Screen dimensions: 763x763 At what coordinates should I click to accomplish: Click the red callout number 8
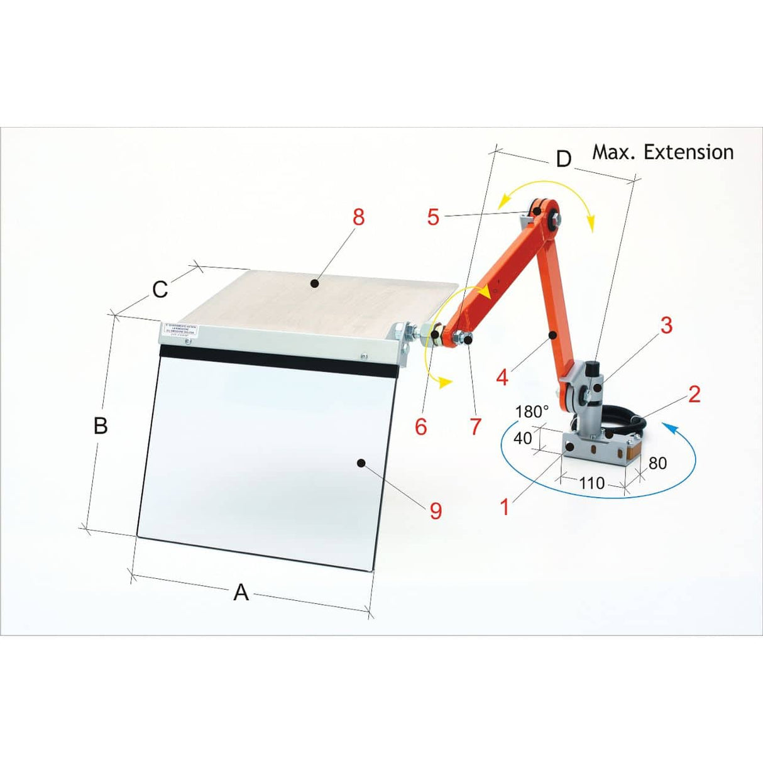tap(358, 217)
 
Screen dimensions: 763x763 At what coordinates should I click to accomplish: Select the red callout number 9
tap(436, 510)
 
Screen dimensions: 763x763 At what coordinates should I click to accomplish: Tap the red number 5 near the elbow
tap(433, 217)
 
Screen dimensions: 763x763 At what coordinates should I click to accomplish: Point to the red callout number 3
tap(666, 325)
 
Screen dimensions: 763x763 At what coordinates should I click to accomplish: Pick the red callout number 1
tap(504, 507)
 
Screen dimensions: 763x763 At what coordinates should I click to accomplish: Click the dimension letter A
tap(241, 592)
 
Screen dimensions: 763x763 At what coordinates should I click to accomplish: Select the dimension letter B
tap(101, 425)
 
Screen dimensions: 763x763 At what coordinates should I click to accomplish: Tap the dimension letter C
tap(160, 289)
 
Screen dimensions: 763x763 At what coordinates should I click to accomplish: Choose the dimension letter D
tap(564, 159)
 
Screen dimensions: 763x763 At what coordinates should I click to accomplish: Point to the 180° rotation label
tap(532, 412)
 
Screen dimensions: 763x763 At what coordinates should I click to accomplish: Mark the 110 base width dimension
tap(591, 483)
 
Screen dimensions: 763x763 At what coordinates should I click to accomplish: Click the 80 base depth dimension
tap(657, 463)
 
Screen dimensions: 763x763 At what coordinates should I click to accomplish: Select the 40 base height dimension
tap(522, 438)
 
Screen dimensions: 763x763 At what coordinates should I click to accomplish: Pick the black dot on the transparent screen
tap(361, 463)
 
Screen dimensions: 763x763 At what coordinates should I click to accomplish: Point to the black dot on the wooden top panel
tap(316, 283)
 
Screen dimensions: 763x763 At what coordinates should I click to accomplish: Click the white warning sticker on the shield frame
tap(180, 329)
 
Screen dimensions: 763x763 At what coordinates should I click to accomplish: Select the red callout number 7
tap(476, 426)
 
